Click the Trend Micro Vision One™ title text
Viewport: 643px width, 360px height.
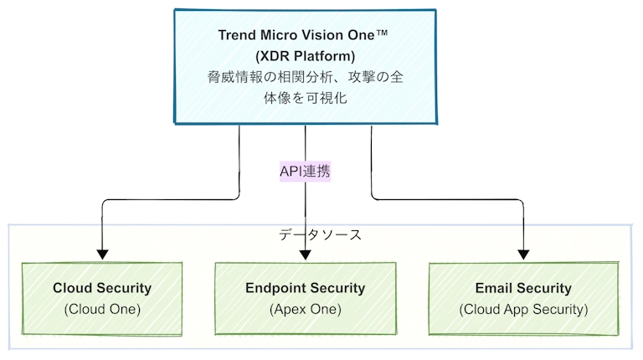click(302, 35)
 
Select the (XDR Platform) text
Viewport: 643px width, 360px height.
click(305, 56)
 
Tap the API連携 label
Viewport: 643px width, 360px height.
click(305, 172)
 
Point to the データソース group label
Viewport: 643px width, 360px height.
click(321, 235)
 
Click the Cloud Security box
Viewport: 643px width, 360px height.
click(102, 299)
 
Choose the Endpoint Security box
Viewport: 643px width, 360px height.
click(306, 299)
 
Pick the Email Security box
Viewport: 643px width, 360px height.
click(523, 299)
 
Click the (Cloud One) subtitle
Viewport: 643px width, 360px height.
click(102, 309)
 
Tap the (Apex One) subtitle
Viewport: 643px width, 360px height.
click(306, 309)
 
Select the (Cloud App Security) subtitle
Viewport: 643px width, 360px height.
click(523, 309)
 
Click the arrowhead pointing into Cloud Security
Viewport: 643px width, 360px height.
click(102, 255)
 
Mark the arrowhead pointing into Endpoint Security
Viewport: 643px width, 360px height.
click(305, 255)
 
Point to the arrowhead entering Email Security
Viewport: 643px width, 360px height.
click(523, 255)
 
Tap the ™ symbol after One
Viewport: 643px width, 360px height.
click(382, 33)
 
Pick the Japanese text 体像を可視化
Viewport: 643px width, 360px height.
click(305, 98)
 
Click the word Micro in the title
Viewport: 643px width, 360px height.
click(279, 35)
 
